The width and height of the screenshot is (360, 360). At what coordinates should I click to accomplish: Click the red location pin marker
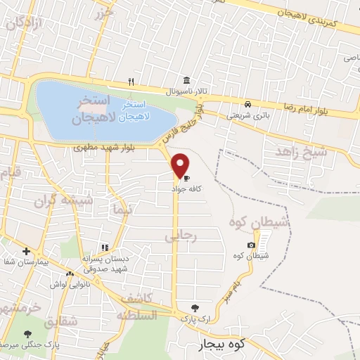click(x=181, y=165)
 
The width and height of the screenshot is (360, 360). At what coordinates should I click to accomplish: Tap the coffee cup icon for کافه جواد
click(x=186, y=177)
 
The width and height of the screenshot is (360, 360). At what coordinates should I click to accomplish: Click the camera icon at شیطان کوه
click(x=251, y=245)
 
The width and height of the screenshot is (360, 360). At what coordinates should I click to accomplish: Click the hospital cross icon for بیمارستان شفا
click(x=26, y=251)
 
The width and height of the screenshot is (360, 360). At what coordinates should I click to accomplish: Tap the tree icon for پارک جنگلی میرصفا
click(x=27, y=334)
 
